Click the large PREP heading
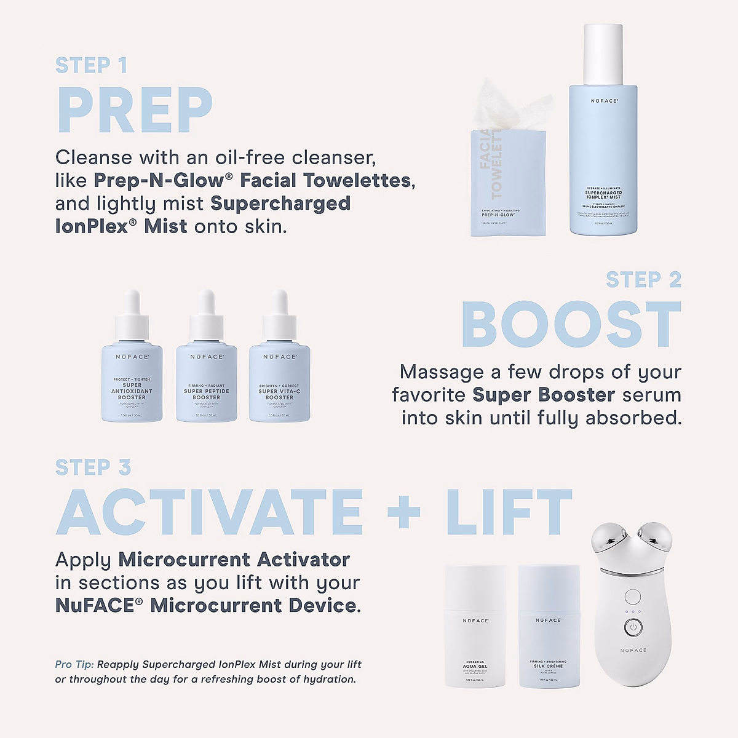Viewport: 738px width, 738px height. tap(134, 111)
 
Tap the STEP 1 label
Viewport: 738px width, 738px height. tap(91, 65)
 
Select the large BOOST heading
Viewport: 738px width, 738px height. tap(571, 325)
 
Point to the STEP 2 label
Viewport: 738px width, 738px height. tap(643, 280)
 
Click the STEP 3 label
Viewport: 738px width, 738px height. tap(93, 468)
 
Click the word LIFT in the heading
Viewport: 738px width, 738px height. tap(509, 512)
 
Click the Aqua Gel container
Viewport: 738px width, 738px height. tap(475, 627)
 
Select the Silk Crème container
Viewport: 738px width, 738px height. tap(549, 627)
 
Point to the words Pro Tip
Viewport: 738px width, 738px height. tap(74, 664)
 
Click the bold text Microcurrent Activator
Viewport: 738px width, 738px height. tap(234, 560)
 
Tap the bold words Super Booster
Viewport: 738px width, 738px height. tap(544, 395)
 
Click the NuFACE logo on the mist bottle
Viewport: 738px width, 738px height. tap(604, 100)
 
